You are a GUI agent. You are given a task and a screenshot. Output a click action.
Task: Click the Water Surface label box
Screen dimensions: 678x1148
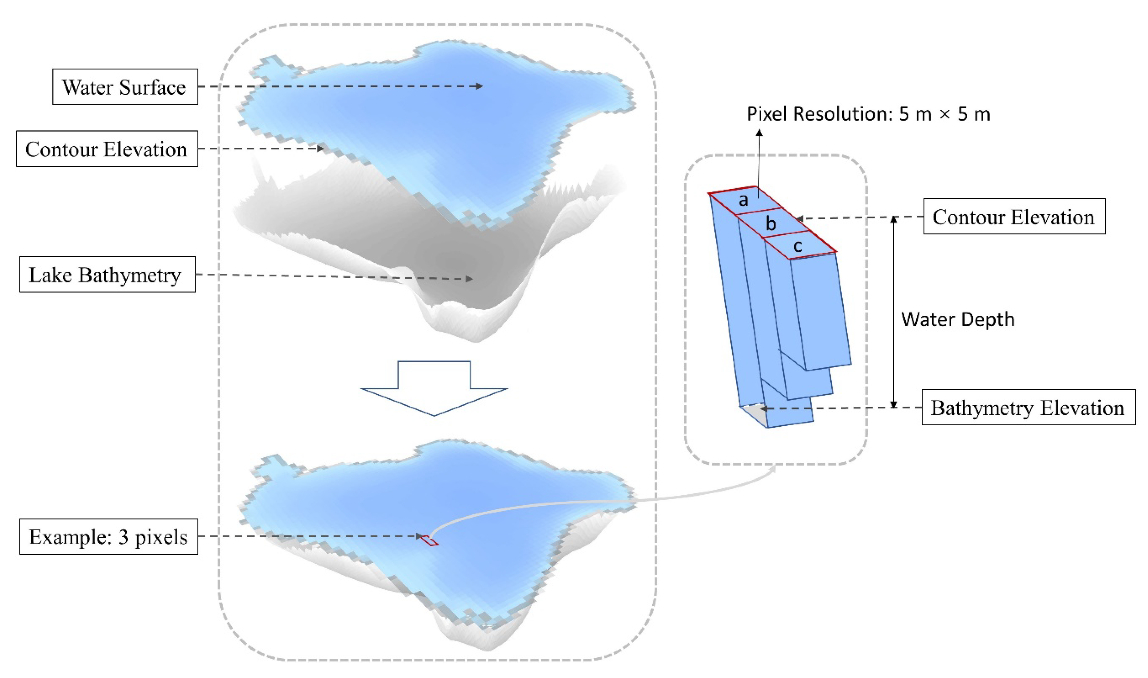tap(125, 87)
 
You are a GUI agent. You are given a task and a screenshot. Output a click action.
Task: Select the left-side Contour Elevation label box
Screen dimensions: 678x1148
tap(106, 149)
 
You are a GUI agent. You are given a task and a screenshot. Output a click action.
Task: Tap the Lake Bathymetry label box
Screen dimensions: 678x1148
tap(107, 275)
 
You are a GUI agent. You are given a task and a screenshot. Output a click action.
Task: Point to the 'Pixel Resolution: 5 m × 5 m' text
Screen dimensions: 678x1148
tap(868, 114)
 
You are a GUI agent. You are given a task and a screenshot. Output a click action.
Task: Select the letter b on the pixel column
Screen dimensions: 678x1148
tap(771, 224)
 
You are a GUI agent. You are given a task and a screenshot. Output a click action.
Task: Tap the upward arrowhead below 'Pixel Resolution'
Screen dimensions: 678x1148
tap(759, 133)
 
